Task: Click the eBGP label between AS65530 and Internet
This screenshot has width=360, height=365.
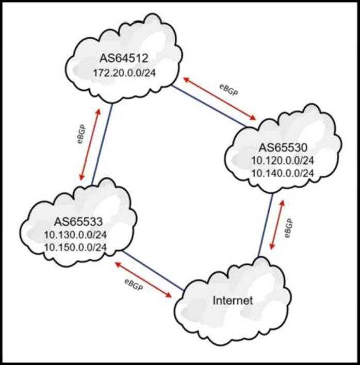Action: point(290,228)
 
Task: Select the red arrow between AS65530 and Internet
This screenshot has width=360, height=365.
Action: point(279,224)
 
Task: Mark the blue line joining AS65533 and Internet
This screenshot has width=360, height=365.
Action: point(153,270)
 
